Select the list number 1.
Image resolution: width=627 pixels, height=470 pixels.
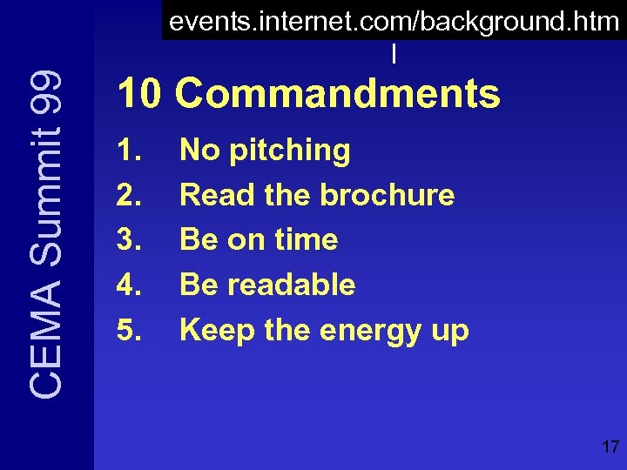tap(130, 151)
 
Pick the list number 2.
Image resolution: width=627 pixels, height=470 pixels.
tap(130, 196)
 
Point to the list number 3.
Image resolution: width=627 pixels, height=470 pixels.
tap(130, 240)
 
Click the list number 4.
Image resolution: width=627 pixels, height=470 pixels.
tap(130, 285)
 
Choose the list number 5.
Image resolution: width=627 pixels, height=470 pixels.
tap(130, 331)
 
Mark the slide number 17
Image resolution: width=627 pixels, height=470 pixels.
tap(610, 448)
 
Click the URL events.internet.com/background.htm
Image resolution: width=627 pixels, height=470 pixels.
tap(394, 22)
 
